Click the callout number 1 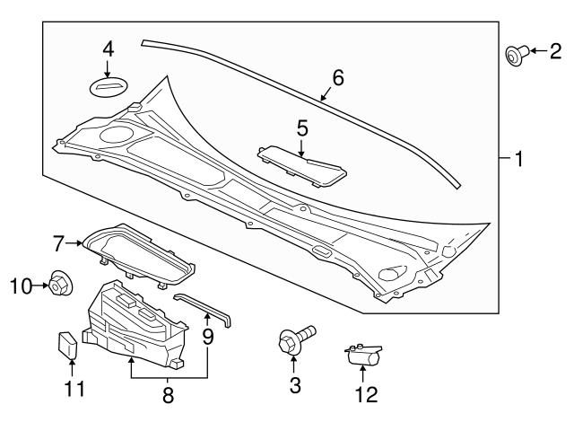tap(517, 161)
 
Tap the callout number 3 tap(295, 386)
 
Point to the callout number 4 tap(108, 48)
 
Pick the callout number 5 tap(302, 128)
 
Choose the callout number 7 tap(58, 242)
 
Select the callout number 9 tap(207, 339)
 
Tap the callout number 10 tap(20, 286)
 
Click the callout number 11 tap(69, 388)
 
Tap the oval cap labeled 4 tap(108, 87)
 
